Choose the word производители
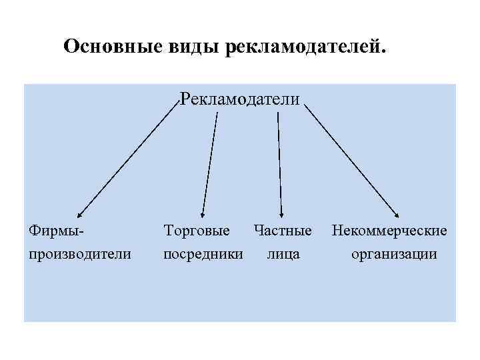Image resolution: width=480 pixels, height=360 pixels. tap(79, 254)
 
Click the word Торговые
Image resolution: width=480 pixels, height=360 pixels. tap(197, 231)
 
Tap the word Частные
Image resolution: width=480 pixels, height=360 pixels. tap(282, 231)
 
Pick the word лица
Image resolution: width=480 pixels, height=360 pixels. tap(283, 254)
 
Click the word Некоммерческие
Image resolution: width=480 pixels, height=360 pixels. tap(389, 231)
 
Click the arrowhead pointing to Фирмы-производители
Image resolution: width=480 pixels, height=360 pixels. tap(78, 215)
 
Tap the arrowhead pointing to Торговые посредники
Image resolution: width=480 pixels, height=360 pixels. tap(203, 215)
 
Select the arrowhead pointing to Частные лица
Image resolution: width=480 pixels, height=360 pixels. tap(282, 215)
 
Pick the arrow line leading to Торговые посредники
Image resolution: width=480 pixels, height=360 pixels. tap(210, 163)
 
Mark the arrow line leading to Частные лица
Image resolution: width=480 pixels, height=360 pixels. tap(280, 163)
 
